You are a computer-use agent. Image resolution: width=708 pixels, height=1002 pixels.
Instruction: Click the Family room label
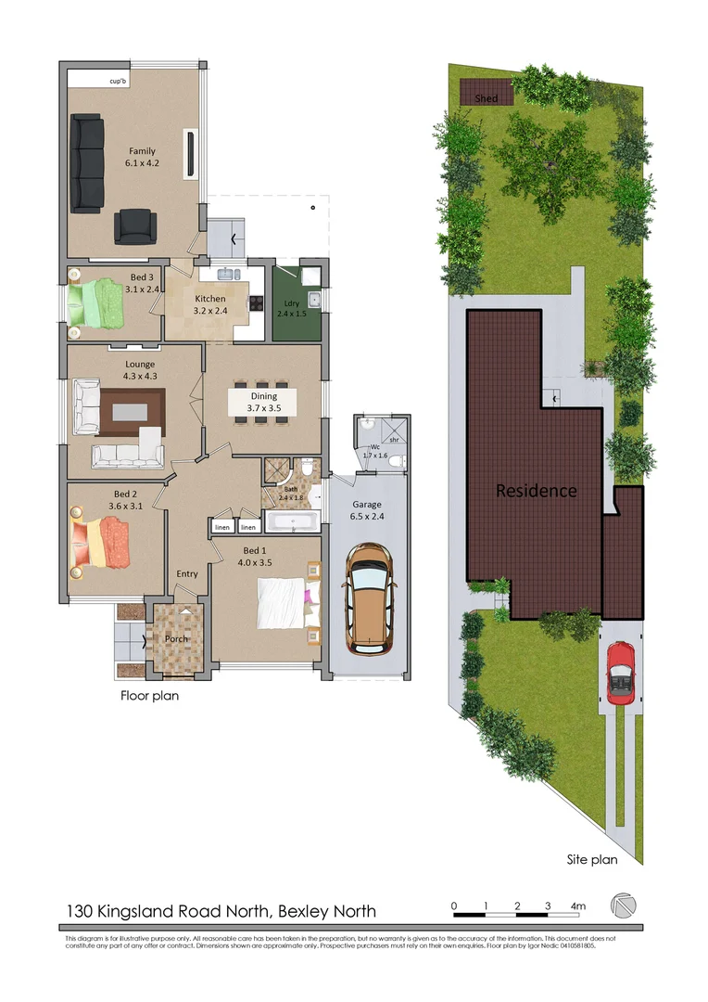pos(142,157)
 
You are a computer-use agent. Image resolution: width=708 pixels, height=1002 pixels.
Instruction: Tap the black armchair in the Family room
pos(135,225)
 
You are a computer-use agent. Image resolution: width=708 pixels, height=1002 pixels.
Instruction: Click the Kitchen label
pos(209,304)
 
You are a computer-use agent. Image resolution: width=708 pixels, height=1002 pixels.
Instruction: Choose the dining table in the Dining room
pos(263,402)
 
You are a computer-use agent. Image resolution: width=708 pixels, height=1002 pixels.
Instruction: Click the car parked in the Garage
pos(368,595)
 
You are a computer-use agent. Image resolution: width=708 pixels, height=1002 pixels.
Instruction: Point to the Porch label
pos(176,638)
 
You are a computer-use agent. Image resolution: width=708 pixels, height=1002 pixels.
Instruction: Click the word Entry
pos(187,573)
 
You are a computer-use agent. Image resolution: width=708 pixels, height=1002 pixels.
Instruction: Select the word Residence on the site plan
pos(536,491)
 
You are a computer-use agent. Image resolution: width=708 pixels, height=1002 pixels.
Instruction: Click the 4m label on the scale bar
pos(578,906)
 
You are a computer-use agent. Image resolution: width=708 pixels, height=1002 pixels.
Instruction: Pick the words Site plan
pos(591,859)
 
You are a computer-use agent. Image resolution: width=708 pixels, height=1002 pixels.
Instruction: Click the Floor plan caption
pos(150,695)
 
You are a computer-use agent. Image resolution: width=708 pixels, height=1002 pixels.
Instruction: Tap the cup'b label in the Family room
pos(118,81)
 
